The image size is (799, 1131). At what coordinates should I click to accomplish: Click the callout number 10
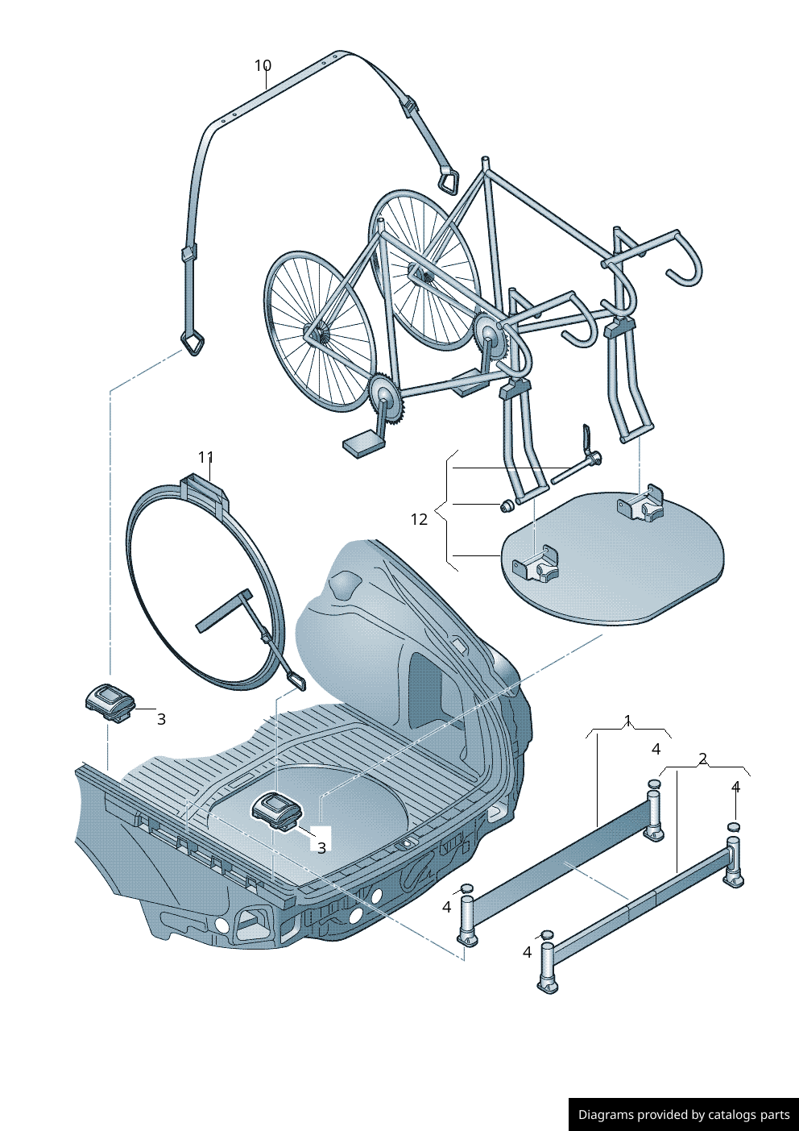pyautogui.click(x=263, y=65)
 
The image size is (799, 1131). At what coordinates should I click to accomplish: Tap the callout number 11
pyautogui.click(x=206, y=457)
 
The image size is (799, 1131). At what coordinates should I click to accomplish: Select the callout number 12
pyautogui.click(x=419, y=519)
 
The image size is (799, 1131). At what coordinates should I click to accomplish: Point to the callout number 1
pyautogui.click(x=628, y=720)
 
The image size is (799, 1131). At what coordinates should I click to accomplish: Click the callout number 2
pyautogui.click(x=702, y=759)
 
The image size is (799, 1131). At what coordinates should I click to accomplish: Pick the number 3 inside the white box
pyautogui.click(x=321, y=847)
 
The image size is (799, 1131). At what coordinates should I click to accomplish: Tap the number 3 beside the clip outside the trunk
pyautogui.click(x=161, y=718)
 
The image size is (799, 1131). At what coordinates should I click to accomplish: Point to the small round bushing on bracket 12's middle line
pyautogui.click(x=508, y=506)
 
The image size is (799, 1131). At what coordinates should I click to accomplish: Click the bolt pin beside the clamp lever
pyautogui.click(x=573, y=469)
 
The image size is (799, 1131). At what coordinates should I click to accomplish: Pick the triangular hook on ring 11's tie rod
pyautogui.click(x=295, y=681)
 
